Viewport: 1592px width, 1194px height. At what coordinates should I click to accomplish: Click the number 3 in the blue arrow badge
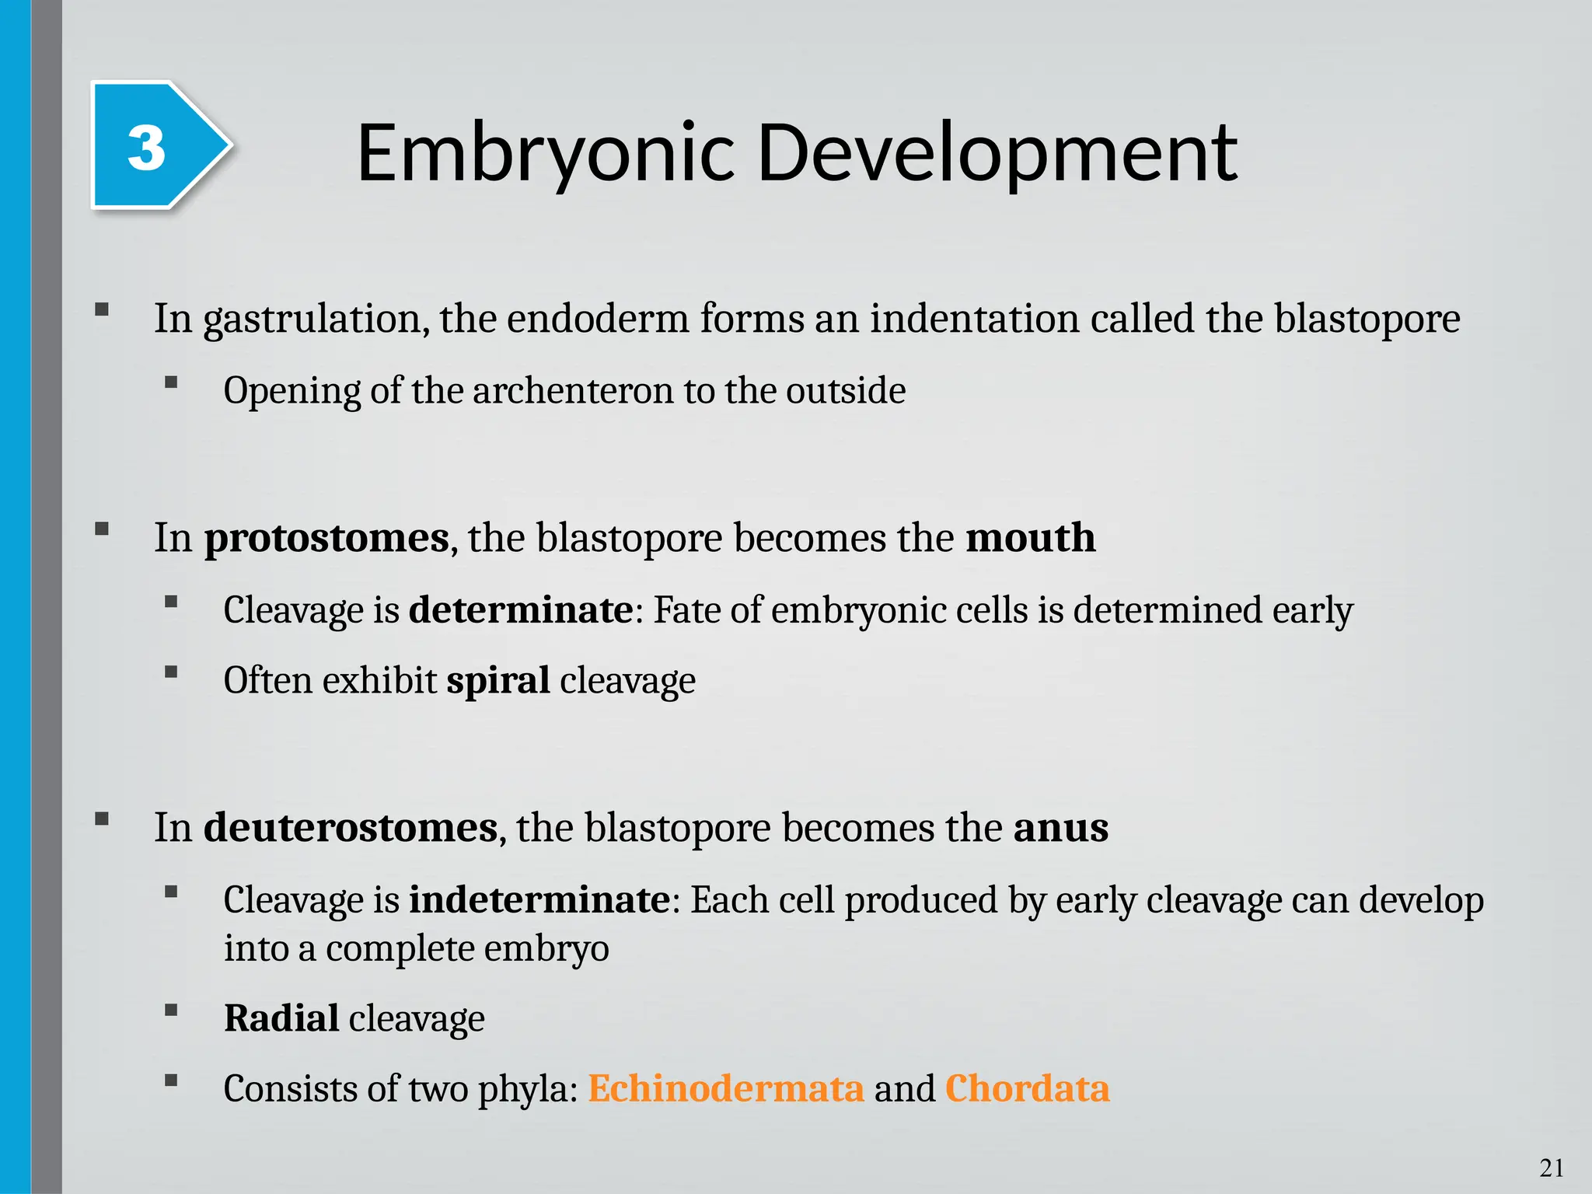click(146, 148)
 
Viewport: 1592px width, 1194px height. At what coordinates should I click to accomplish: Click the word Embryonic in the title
click(545, 153)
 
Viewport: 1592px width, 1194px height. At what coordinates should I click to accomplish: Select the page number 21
click(1552, 1168)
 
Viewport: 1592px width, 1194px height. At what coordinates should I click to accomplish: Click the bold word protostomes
click(326, 538)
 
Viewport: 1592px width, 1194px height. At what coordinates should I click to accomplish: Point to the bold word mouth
click(1030, 538)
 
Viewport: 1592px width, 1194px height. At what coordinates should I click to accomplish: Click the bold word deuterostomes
click(350, 827)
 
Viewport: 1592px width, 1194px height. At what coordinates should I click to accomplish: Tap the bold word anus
click(1060, 827)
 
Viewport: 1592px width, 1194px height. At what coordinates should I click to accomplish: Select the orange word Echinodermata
click(725, 1088)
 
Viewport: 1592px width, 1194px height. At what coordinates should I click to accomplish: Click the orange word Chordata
click(1027, 1088)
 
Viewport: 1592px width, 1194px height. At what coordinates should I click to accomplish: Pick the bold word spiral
click(497, 680)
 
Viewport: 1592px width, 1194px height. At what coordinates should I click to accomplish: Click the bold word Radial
click(281, 1018)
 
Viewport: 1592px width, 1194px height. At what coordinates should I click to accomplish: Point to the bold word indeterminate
click(539, 900)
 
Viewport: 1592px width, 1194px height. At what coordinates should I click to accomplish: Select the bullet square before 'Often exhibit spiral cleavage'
click(171, 672)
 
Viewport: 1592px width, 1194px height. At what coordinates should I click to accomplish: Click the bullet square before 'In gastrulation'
click(101, 309)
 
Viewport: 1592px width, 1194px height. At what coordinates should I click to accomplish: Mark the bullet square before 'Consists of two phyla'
click(171, 1080)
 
